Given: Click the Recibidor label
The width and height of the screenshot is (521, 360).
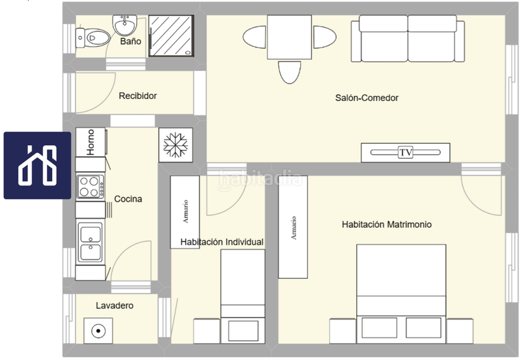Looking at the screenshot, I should [x=137, y=96].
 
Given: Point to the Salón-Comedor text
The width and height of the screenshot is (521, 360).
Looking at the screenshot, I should [x=367, y=98].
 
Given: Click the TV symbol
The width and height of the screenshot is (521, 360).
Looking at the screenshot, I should [x=406, y=152].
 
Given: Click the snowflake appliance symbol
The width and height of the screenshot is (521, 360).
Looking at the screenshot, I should [x=175, y=144].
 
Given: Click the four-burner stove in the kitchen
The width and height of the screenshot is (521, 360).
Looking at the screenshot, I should [x=90, y=187].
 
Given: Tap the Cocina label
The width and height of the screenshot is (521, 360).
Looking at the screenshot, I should [x=128, y=199].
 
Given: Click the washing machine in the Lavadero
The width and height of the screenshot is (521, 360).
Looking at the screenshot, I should [x=98, y=331].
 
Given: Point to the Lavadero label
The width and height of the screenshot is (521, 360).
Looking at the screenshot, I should [x=115, y=305].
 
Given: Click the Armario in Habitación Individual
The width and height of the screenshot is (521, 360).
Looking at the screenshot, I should [x=185, y=212].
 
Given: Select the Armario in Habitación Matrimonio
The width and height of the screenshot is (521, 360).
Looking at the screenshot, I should [x=293, y=227].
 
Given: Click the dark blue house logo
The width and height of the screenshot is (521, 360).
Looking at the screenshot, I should [x=37, y=165].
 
